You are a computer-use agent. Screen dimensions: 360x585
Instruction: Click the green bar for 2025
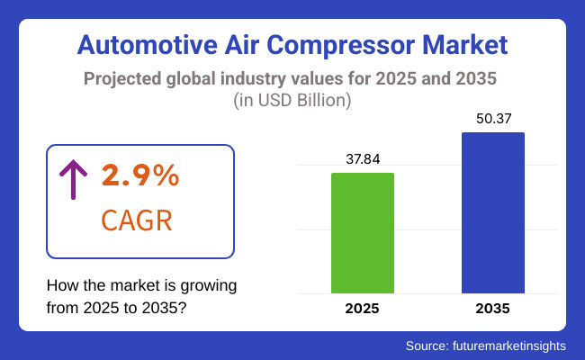point(363,233)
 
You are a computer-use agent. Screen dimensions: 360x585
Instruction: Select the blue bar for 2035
point(492,213)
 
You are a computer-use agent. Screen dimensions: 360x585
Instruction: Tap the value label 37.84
point(363,158)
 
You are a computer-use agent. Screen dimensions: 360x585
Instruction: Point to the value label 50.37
point(492,119)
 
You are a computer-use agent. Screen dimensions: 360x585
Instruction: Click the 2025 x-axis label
point(363,309)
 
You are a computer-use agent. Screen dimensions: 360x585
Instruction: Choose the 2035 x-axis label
point(492,309)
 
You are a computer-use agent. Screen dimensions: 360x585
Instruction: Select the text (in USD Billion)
point(292,101)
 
